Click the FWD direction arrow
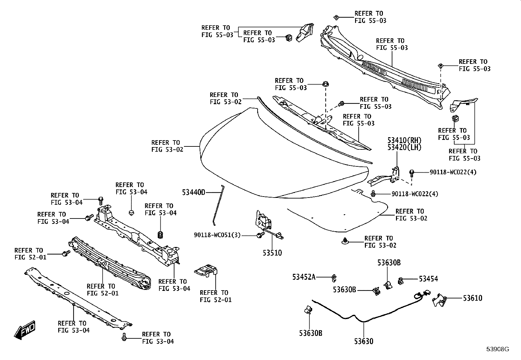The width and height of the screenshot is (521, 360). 25,330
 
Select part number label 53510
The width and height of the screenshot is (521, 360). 272,253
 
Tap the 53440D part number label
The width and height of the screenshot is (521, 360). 193,193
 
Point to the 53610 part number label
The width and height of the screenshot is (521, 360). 472,298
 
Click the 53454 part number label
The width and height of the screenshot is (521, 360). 428,279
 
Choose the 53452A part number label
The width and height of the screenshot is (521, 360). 304,277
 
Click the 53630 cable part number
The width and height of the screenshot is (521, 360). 364,341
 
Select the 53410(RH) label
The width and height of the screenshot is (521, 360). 404,140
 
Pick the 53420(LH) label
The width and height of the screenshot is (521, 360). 404,147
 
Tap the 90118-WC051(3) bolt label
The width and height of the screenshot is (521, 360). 217,235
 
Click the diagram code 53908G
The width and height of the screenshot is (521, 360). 498,349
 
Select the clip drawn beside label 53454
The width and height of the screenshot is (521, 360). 401,281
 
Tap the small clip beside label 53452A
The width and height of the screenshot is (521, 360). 334,277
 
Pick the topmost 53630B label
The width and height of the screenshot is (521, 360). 389,263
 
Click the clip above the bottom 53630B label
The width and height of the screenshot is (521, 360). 308,310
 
